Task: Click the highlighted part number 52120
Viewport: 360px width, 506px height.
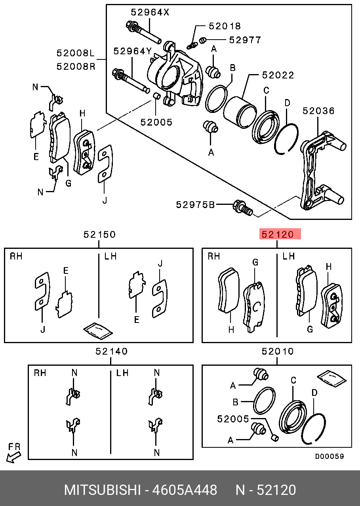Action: click(278, 234)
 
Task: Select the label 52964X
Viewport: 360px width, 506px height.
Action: click(150, 12)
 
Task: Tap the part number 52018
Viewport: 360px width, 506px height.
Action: click(225, 26)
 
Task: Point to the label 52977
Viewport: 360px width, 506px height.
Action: click(245, 40)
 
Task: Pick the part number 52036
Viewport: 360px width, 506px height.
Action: click(318, 111)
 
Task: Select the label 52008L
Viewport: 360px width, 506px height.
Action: click(75, 53)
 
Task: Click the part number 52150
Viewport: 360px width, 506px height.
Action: click(99, 234)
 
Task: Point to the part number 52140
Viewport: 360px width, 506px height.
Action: click(111, 351)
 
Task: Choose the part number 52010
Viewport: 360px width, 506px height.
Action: click(278, 351)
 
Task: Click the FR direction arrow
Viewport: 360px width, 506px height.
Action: click(13, 457)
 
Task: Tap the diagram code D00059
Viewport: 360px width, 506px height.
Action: click(330, 456)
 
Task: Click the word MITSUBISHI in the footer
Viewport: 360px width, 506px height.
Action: click(103, 490)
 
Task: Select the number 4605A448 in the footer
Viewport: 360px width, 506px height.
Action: click(185, 490)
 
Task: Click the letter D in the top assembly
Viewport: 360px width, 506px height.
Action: click(287, 103)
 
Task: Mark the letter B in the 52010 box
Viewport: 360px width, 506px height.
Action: click(236, 402)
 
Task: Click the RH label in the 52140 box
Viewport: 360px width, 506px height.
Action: click(40, 373)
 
